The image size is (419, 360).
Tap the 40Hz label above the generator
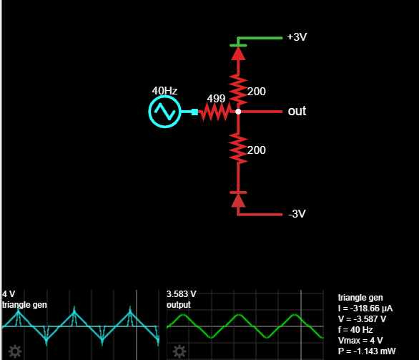point(164,91)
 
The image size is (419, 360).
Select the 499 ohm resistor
point(216,112)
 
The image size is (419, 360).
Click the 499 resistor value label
point(216,99)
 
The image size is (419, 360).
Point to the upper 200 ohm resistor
point(238,90)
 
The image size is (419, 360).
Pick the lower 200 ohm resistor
point(238,148)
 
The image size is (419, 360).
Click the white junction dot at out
point(238,112)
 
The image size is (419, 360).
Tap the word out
point(297,111)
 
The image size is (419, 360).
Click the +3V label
point(297,37)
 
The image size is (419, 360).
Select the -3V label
point(297,214)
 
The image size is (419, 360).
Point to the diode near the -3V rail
point(238,199)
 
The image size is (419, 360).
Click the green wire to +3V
point(260,38)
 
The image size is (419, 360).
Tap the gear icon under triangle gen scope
point(15,351)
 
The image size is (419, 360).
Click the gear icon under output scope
point(179,351)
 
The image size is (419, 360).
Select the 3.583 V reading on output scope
point(181,294)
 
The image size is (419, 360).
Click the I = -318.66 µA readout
point(365,308)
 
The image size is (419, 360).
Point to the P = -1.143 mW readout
point(367,351)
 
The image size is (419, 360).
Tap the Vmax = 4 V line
point(360,341)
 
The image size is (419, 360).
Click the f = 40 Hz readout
point(355,330)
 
